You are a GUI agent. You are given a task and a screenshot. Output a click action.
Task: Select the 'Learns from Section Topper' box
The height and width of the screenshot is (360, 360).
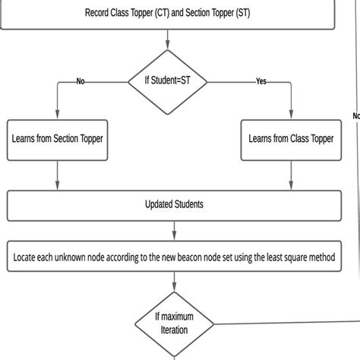pos(58,139)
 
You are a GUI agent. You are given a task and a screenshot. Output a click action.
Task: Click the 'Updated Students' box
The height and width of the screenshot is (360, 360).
pos(173,205)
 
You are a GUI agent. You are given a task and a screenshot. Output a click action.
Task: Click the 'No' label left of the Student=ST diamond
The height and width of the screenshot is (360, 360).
pos(81,81)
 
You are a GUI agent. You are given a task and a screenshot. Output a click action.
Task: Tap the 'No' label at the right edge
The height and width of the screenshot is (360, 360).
pos(356,116)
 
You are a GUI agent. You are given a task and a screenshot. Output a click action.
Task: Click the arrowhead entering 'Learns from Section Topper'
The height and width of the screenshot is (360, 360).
pos(58,115)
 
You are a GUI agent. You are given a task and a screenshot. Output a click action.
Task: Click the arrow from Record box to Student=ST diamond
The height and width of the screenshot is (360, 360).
pos(168,40)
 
